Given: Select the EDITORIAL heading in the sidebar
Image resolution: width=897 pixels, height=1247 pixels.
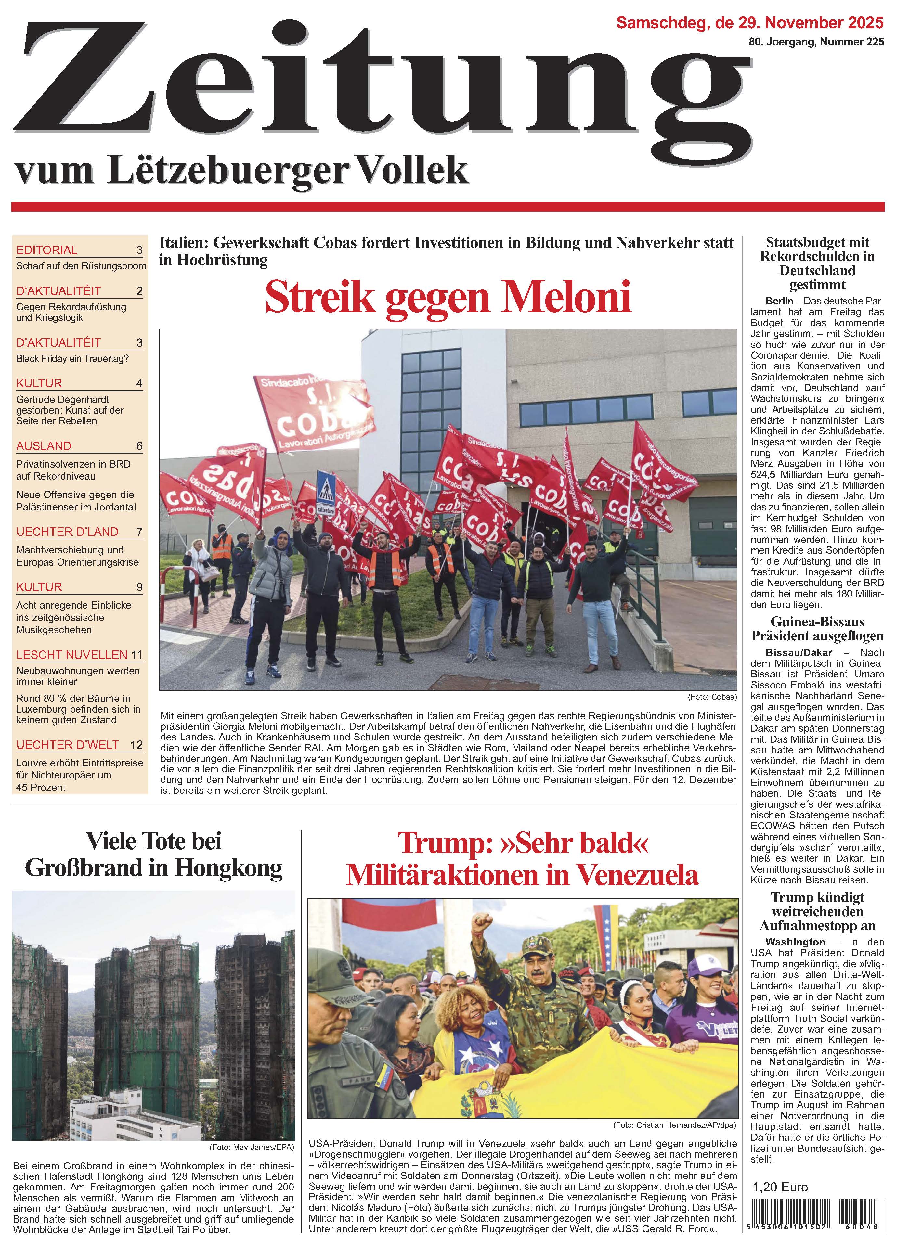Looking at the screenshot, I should coord(47,250).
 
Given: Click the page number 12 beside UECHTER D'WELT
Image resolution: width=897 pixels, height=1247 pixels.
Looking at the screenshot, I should coord(136,745).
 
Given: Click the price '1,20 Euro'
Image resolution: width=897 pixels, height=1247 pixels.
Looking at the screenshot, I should coord(780,1187).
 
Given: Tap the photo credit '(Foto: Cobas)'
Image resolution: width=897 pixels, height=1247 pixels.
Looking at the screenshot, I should coord(712,697).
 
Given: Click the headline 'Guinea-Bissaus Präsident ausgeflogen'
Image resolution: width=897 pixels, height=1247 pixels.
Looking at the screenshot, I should coord(817,629).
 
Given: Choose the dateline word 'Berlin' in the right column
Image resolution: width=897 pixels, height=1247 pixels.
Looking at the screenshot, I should coord(779,301).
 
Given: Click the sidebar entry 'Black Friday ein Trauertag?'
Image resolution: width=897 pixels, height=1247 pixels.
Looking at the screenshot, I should coord(72,358).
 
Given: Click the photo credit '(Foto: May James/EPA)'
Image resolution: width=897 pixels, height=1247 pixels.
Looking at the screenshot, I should coord(251,1148).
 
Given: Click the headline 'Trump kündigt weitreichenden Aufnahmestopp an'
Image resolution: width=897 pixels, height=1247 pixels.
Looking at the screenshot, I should coord(817,912).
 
